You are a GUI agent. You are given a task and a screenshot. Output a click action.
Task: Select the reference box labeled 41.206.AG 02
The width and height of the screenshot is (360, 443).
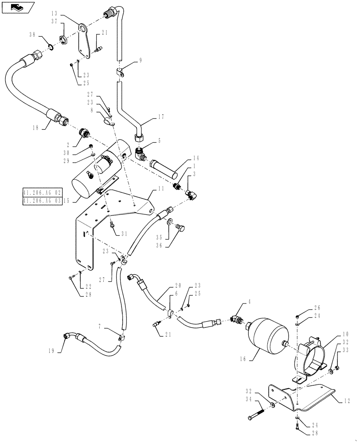tap(43, 192)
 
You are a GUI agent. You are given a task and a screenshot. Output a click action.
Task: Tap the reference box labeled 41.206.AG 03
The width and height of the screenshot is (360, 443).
tap(43, 201)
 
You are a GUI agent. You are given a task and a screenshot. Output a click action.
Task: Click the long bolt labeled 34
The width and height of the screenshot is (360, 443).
tap(256, 418)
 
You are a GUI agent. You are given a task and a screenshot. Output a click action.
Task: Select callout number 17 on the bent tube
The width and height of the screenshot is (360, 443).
tap(160, 117)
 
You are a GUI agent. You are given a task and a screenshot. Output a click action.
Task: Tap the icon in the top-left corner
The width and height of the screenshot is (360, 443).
tap(17, 7)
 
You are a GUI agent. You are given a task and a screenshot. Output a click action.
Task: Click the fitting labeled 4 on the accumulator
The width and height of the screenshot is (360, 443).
tap(235, 319)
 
